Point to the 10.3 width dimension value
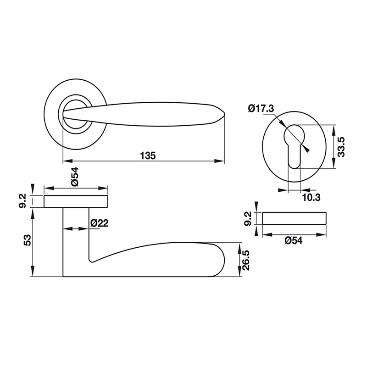[x=311, y=197]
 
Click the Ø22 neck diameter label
[x=99, y=223]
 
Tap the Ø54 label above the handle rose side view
[x=75, y=177]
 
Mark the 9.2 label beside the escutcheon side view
[x=247, y=218]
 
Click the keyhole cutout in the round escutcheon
[x=294, y=142]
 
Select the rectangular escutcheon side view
[x=294, y=217]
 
